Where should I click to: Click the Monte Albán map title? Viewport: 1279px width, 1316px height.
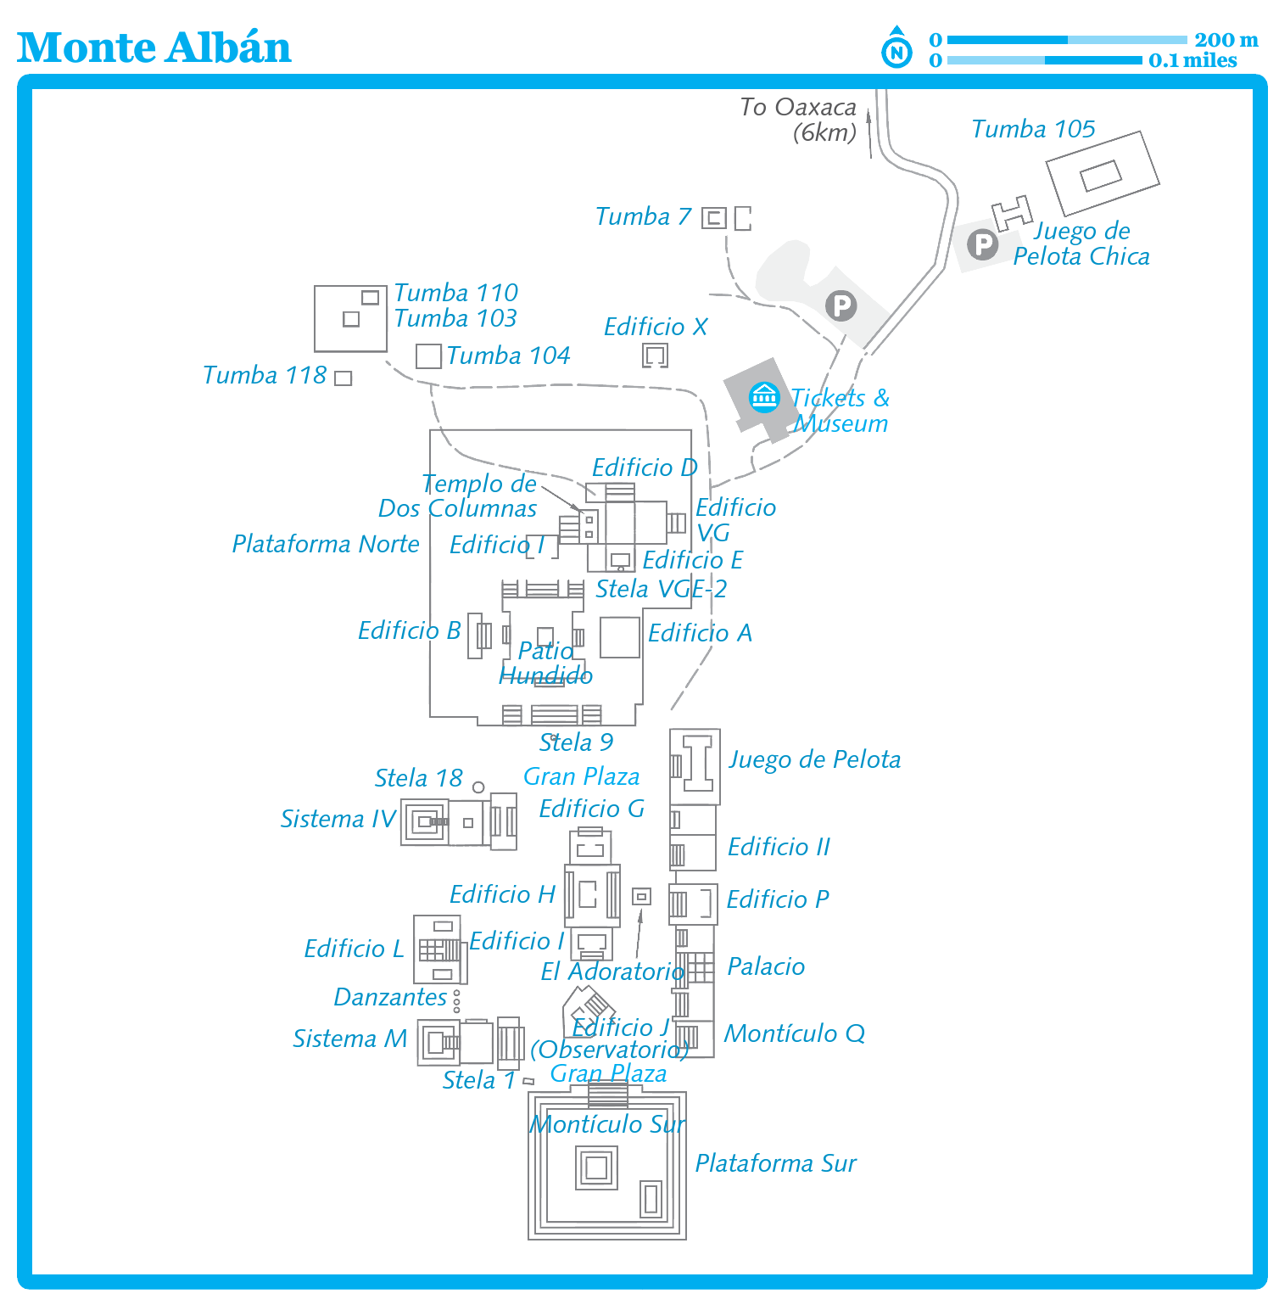coord(154,48)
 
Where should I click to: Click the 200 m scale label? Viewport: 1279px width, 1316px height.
coord(1226,40)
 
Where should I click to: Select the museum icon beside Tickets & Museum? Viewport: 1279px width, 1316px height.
coord(764,396)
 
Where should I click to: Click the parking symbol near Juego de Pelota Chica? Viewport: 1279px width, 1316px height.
coord(983,244)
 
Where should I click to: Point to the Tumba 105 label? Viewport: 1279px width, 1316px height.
coord(1032,129)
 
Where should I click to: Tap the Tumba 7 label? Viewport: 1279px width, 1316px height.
coord(643,216)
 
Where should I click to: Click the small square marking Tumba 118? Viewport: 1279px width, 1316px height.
coord(343,378)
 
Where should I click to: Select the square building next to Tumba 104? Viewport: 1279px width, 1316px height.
coord(428,356)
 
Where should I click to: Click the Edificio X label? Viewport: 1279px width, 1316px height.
coord(655,327)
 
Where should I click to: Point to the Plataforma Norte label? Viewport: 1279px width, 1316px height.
coord(326,544)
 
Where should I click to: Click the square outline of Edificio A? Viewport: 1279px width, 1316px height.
coord(619,637)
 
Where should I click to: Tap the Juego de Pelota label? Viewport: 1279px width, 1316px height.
coord(814,759)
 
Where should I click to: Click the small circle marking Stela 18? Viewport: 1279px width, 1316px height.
coord(478,787)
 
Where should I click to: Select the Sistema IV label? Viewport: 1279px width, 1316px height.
coord(338,819)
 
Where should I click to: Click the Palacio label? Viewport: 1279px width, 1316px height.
coord(766,966)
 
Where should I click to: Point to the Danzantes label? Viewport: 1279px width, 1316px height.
coord(390,997)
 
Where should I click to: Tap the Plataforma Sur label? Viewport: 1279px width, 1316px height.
coord(775,1163)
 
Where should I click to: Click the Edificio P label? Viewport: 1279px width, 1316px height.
coord(778,899)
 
